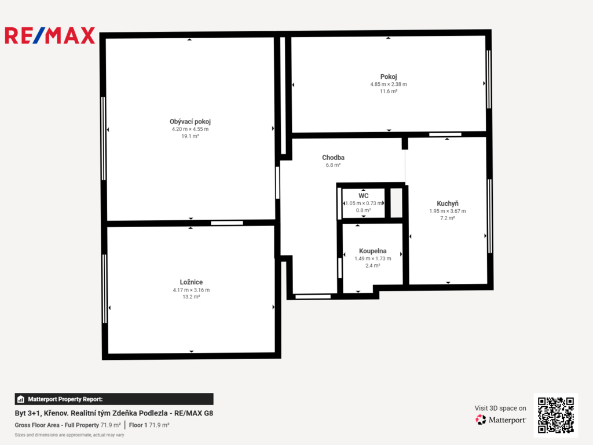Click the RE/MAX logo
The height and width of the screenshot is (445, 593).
pos(50,35)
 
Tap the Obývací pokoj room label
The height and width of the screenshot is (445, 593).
pos(190,122)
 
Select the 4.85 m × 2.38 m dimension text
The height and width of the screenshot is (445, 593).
pos(389,85)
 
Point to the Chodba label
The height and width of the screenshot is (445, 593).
pos(333,158)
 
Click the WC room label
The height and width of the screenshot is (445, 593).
pos(364,196)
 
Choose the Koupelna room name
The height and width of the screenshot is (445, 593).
pos(372,251)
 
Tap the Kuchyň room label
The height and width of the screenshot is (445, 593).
pos(448,203)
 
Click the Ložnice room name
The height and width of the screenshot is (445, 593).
pos(191,282)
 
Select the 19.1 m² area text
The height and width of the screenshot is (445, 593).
pos(190,136)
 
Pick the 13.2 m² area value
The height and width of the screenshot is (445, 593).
pos(191,297)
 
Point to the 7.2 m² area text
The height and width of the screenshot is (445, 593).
pos(448,218)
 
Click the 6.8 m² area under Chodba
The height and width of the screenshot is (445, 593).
pos(333,165)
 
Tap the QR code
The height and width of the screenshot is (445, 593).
pos(555,415)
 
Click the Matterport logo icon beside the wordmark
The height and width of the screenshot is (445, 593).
pos(481,420)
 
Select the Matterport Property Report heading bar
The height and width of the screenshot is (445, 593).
pos(114,399)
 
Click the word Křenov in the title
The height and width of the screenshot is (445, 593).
pos(56,413)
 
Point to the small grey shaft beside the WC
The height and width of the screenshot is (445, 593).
pos(396,203)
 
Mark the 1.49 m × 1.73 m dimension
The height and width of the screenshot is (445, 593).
pos(372,258)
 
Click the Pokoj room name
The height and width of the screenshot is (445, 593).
pos(389,77)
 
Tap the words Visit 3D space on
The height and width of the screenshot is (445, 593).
pos(500,408)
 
